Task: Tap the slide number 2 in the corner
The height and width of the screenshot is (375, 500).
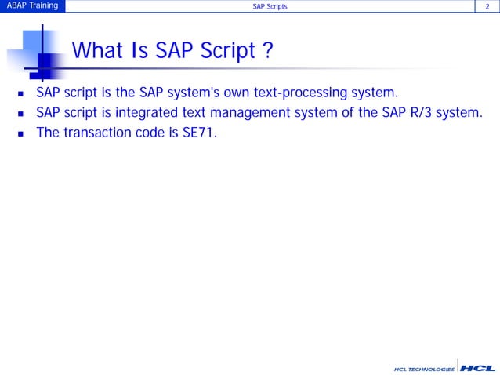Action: (488, 7)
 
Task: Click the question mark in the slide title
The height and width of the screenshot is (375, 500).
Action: (267, 51)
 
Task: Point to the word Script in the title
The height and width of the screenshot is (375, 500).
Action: (230, 51)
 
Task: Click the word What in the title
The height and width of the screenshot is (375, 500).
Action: (97, 51)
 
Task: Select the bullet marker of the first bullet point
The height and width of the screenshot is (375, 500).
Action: (21, 96)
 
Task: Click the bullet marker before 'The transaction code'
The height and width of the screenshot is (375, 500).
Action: (21, 133)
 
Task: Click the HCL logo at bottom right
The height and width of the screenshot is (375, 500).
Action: (477, 366)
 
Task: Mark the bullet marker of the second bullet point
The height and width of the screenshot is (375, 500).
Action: (21, 115)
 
